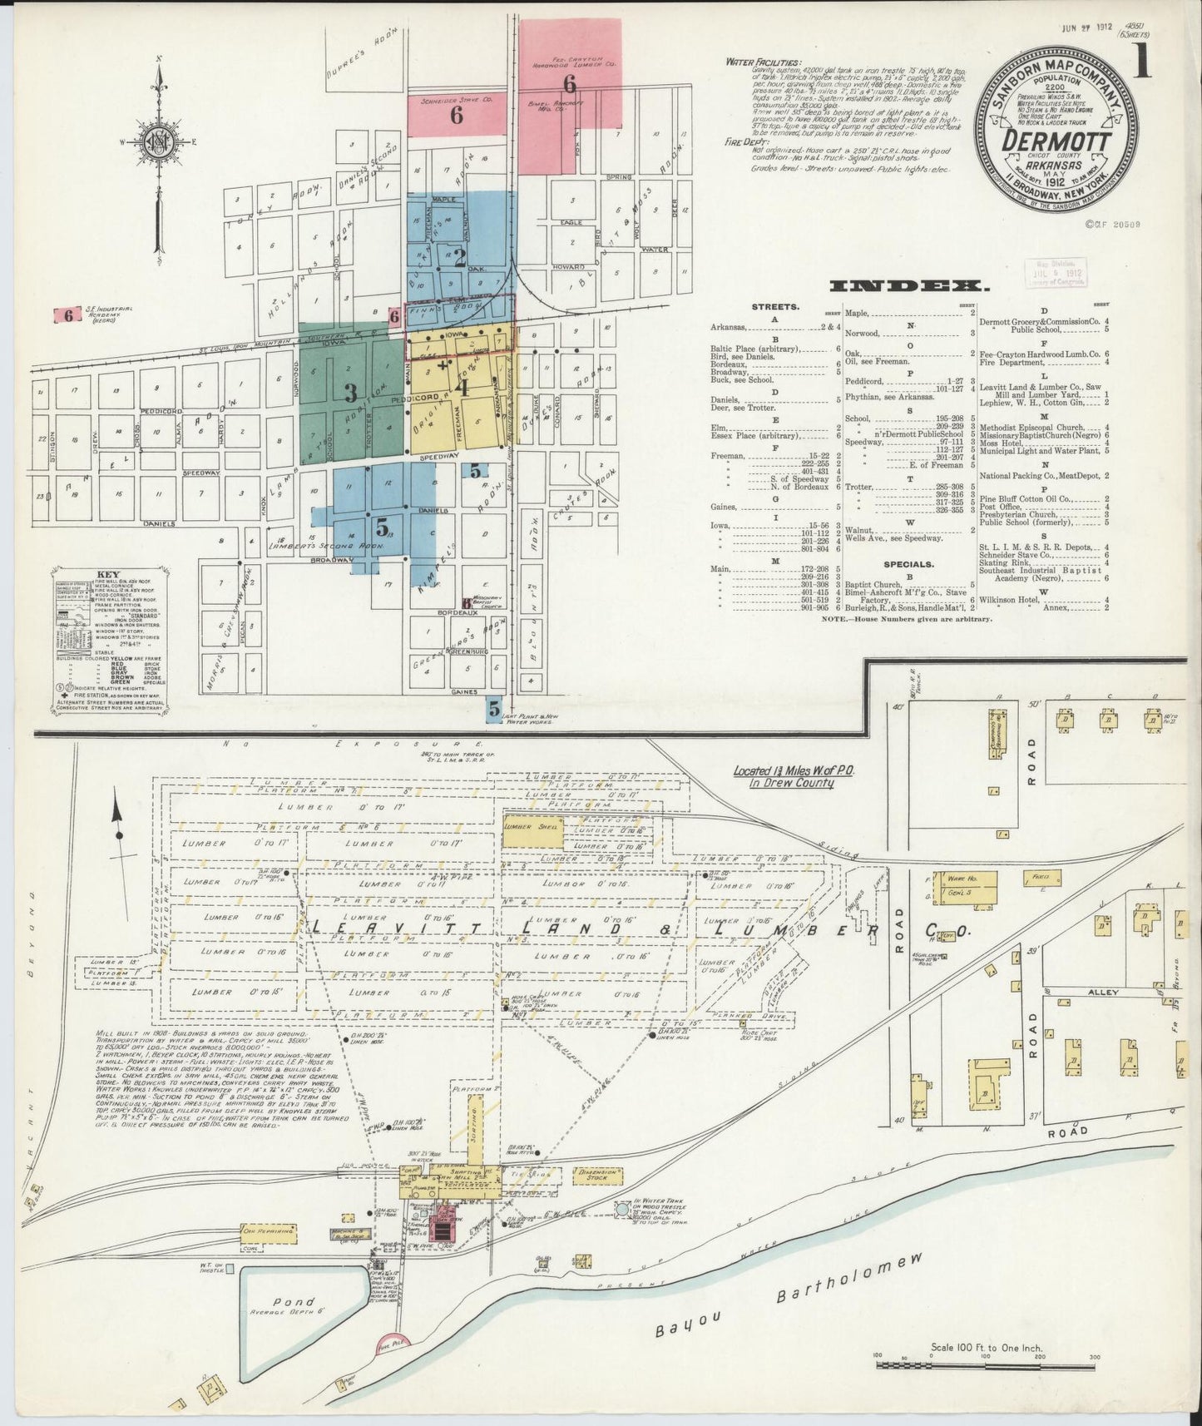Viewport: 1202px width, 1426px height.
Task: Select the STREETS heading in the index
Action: pos(774,307)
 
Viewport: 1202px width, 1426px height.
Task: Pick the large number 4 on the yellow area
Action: pos(461,386)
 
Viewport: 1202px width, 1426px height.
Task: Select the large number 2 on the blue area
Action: pos(458,257)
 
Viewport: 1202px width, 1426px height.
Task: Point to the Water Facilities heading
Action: pos(764,61)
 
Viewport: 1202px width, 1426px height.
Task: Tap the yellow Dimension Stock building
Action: pos(598,1175)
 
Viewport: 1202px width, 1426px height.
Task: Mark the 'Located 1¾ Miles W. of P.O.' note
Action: pos(784,776)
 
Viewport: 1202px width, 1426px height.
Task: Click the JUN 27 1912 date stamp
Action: pos(1086,6)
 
